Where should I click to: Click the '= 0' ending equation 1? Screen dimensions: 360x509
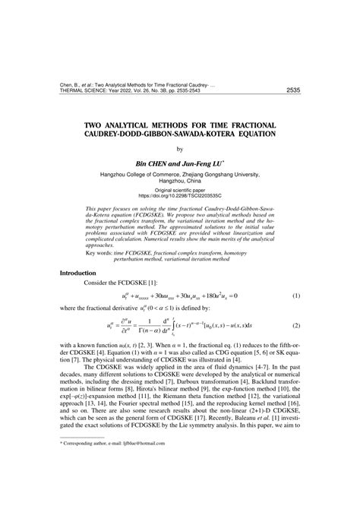232,295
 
